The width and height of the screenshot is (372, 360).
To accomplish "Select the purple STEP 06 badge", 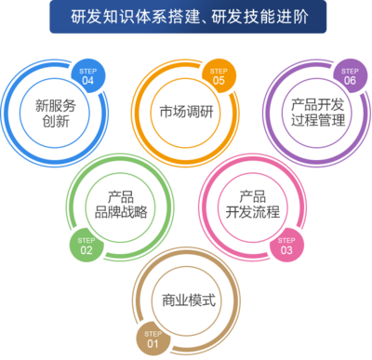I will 350,74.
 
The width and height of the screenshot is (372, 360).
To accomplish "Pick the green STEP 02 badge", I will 86,245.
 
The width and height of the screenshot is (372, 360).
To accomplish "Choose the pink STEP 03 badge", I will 286,245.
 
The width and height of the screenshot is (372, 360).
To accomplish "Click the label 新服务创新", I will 55,113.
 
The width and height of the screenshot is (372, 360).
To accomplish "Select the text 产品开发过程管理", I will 318,113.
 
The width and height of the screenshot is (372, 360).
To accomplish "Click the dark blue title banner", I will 186,18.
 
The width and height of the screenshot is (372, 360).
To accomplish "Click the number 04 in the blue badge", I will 87,79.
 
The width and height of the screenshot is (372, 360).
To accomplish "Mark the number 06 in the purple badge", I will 350,79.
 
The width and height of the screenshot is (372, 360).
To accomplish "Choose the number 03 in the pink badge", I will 286,249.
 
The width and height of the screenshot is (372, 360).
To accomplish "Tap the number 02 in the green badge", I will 86,249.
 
